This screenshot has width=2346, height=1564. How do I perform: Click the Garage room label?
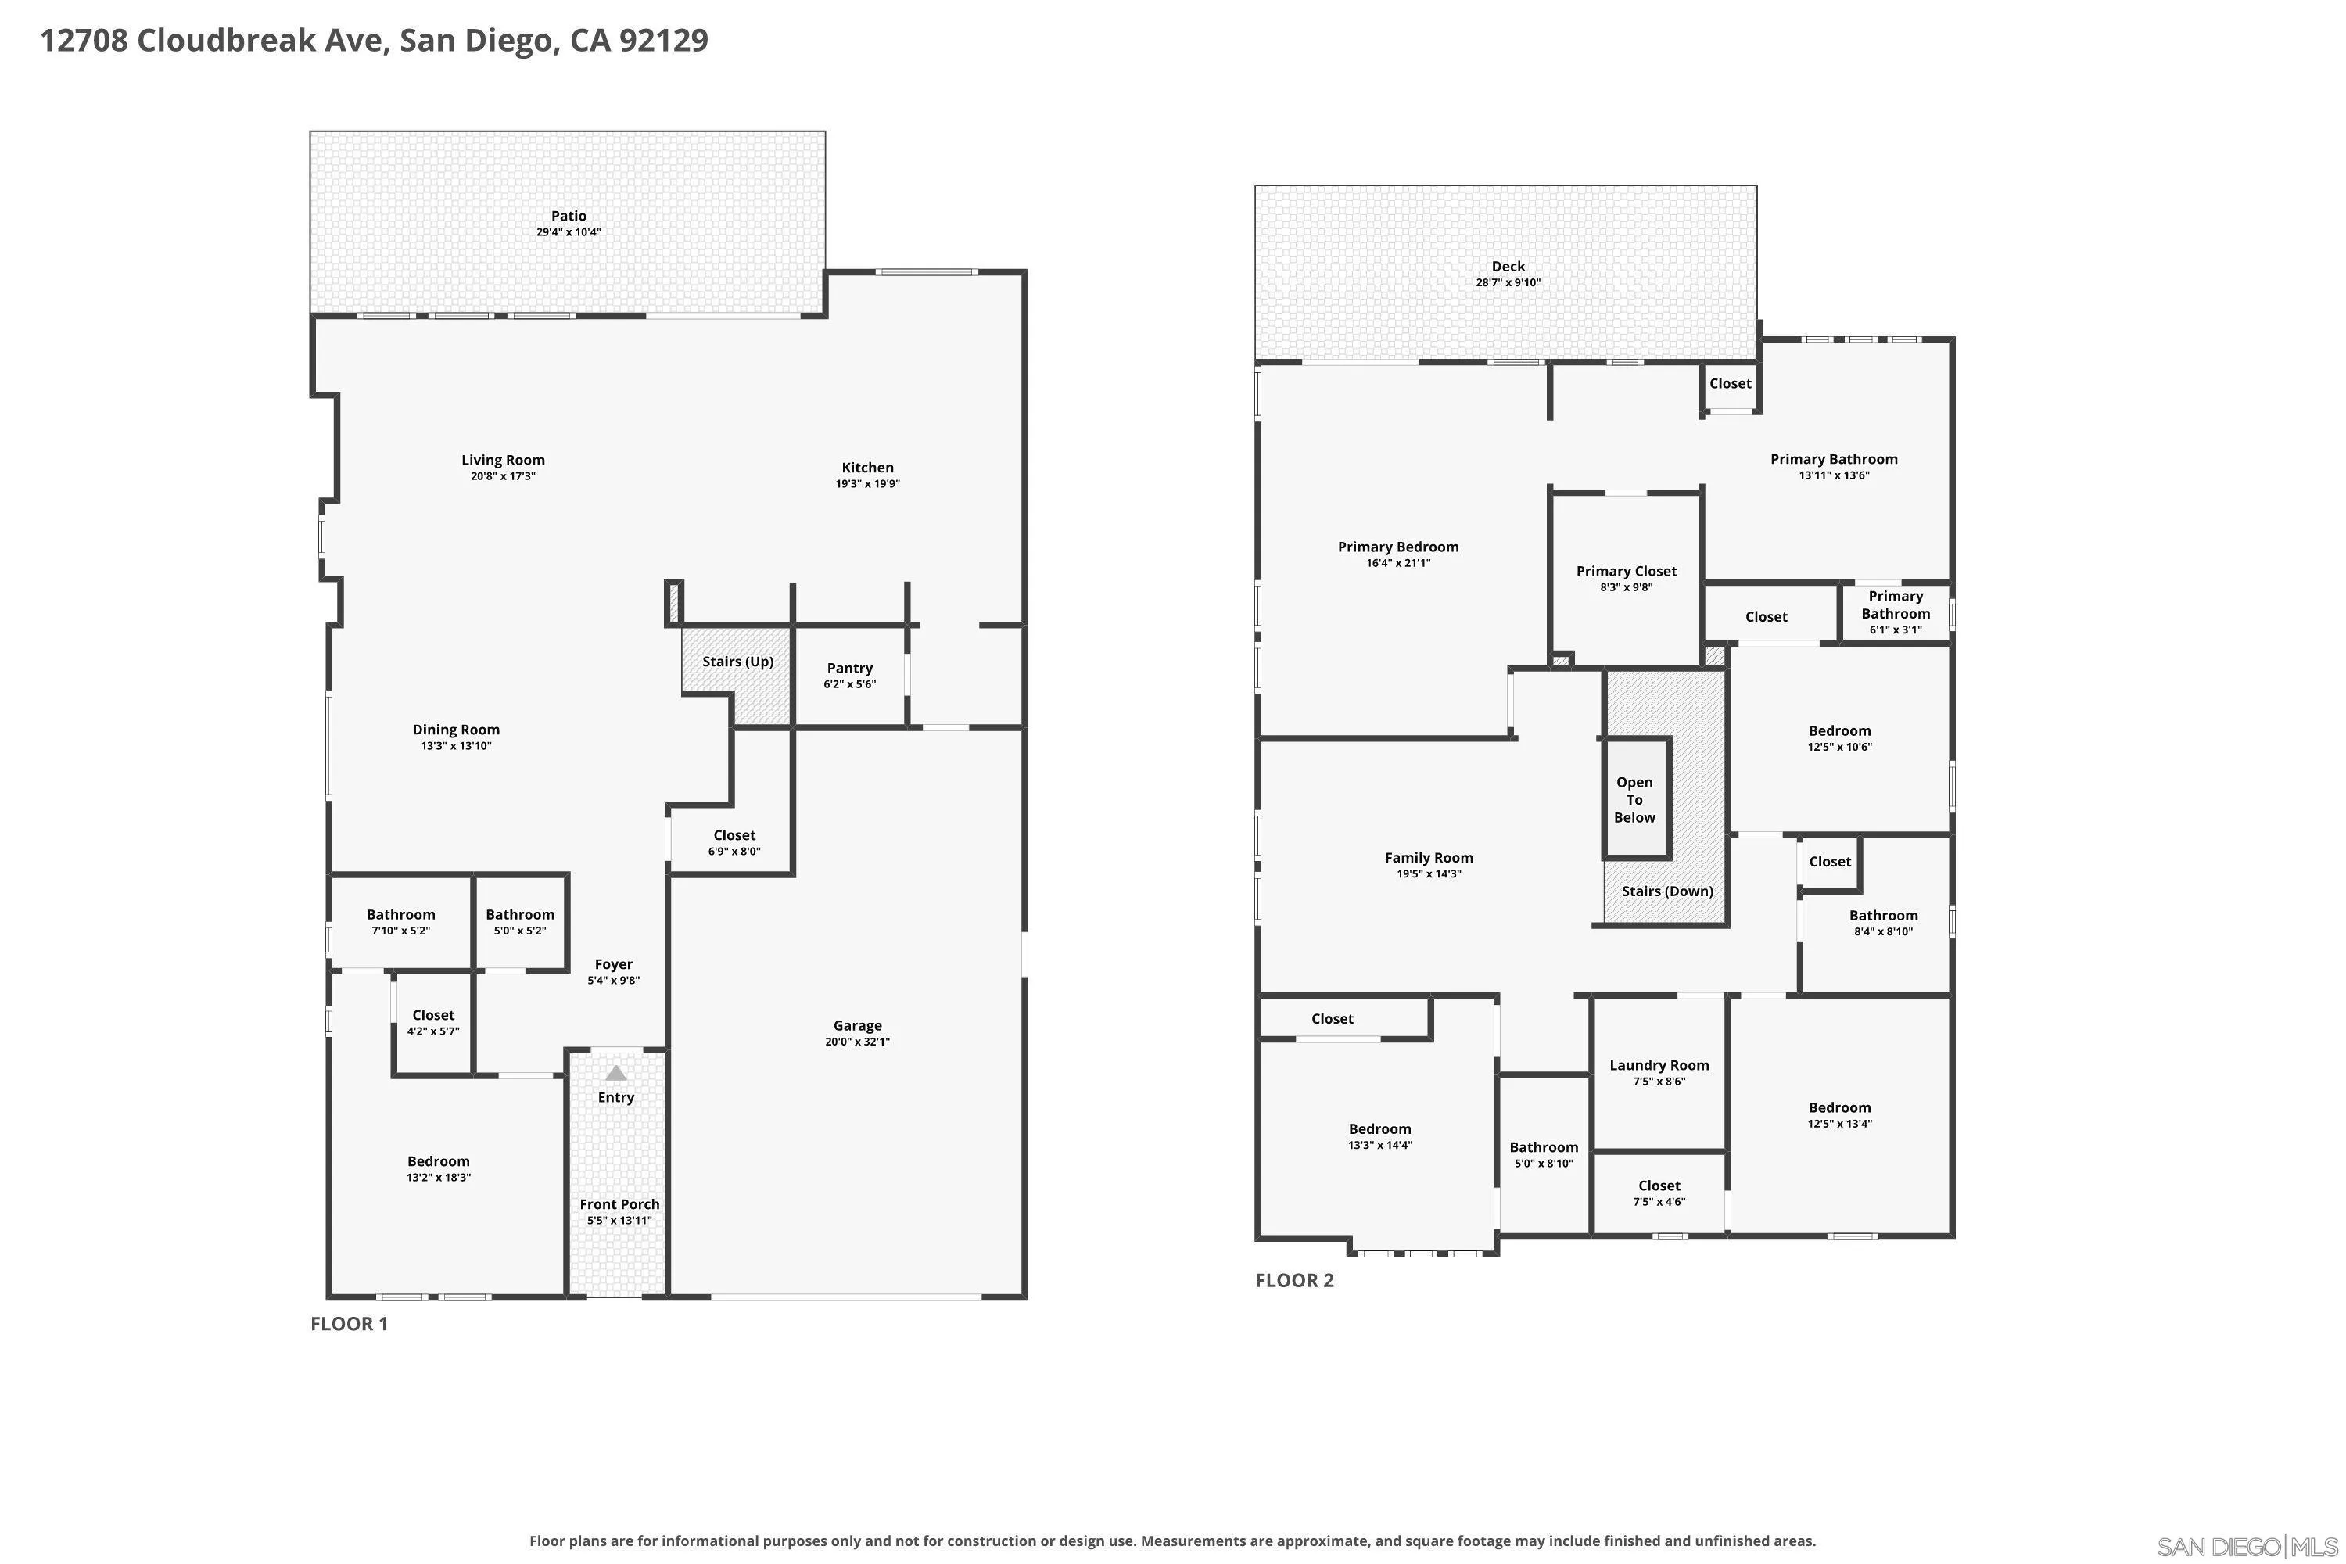pos(857,1025)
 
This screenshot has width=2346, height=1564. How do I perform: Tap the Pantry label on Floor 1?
pos(850,669)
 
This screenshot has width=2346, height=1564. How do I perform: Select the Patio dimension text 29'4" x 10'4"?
pos(569,232)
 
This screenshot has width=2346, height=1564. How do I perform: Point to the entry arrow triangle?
pos(616,1073)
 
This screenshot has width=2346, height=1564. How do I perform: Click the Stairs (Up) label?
pos(738,662)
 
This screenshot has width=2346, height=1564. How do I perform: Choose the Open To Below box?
pos(1636,799)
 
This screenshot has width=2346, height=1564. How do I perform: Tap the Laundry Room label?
pos(1659,1065)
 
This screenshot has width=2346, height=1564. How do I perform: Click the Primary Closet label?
pos(1626,572)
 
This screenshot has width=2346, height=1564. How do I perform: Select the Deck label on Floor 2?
pos(1508,267)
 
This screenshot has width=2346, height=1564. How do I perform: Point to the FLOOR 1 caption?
pos(349,1324)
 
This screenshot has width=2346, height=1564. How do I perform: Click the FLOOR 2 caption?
pos(1293,1281)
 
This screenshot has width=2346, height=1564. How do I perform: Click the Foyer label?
pos(613,964)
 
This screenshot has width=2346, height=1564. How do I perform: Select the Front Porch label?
pos(619,1204)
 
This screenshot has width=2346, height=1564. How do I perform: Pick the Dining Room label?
pos(456,730)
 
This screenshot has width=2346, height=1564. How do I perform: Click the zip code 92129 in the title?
pos(663,41)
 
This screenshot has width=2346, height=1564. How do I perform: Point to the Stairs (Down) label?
pos(1666,891)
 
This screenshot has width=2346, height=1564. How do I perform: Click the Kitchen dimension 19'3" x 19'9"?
pos(868,484)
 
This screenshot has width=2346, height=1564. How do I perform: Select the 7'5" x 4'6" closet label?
pos(1659,1202)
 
